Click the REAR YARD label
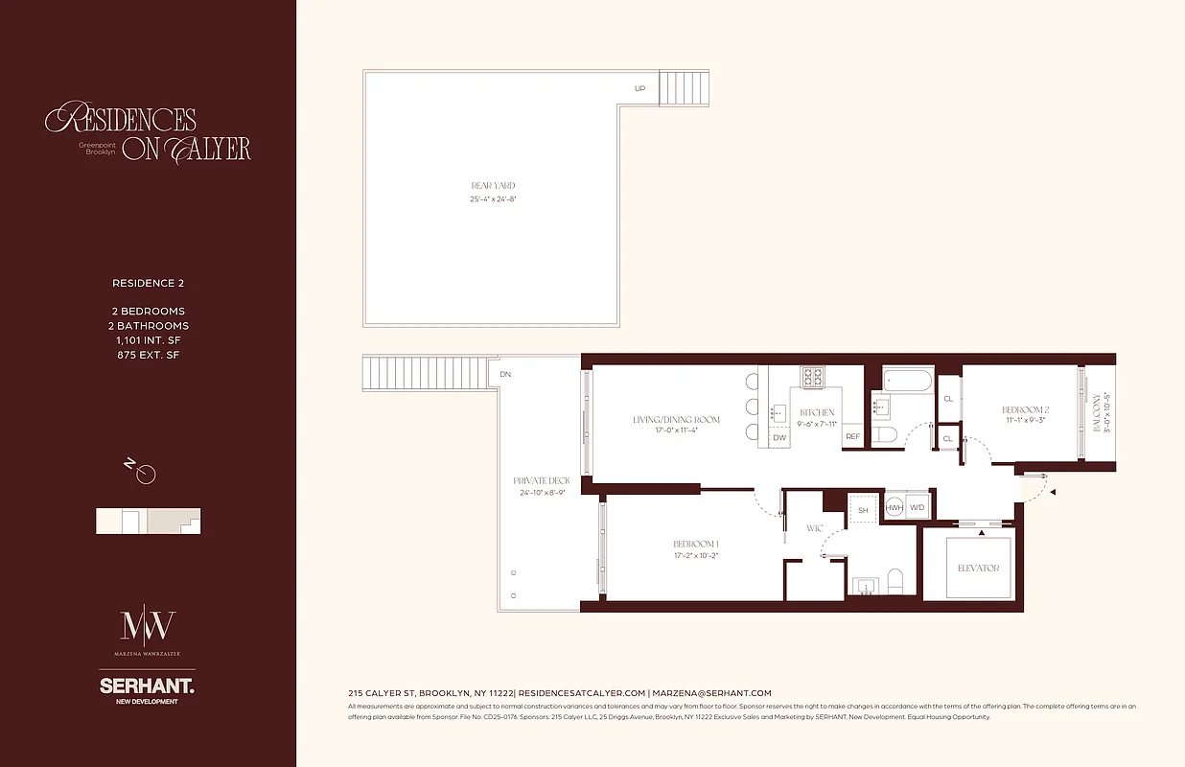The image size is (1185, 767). [x=493, y=185]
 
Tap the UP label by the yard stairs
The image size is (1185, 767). [x=639, y=88]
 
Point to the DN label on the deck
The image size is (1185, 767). [x=504, y=374]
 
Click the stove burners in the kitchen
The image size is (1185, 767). [x=813, y=377]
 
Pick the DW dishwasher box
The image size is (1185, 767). [x=778, y=437]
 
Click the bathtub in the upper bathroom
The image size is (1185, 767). [x=901, y=380]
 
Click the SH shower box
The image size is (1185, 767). [x=863, y=509]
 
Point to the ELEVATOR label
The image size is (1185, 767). [x=978, y=568]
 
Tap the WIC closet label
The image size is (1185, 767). [x=814, y=527]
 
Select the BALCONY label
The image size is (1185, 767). [x=1096, y=412]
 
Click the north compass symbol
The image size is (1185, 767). [x=145, y=473]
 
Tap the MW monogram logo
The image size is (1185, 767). [x=148, y=625]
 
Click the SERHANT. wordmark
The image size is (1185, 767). [x=148, y=686]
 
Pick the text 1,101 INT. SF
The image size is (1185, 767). [x=148, y=340]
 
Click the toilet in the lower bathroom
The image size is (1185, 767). [x=895, y=581]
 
